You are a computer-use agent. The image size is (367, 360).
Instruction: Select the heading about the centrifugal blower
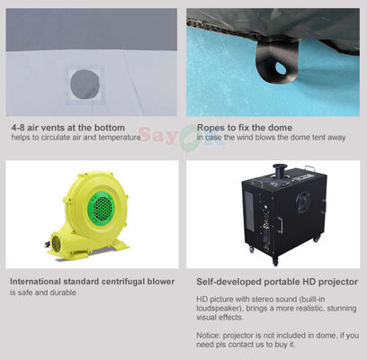92,282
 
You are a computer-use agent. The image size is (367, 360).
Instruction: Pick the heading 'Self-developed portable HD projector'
277,282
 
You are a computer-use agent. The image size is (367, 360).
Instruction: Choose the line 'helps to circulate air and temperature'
76,139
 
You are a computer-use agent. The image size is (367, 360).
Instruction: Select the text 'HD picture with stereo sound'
246,298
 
